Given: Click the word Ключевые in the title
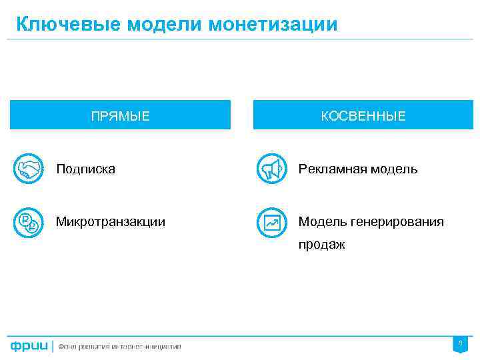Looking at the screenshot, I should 59,25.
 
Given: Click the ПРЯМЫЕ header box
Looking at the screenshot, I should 121,115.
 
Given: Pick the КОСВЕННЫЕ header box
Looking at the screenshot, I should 363,115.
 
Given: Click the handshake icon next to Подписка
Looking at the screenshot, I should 28,169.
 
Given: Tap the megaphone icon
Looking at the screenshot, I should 271,169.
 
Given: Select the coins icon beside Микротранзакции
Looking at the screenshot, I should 28,222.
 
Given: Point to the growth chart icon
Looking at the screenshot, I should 271,223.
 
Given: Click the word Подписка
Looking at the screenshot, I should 85,169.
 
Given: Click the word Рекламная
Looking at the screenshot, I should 329,169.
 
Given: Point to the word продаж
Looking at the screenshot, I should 321,245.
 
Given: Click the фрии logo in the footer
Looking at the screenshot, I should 29,347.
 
